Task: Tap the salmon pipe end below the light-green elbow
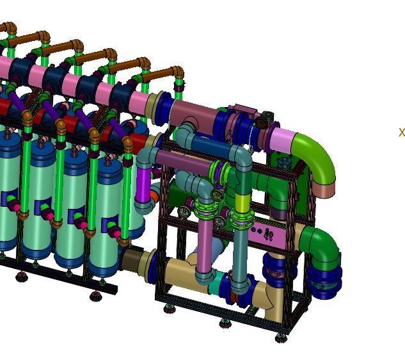(324, 190)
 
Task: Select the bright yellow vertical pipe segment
(242, 202)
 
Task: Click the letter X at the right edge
(402, 132)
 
